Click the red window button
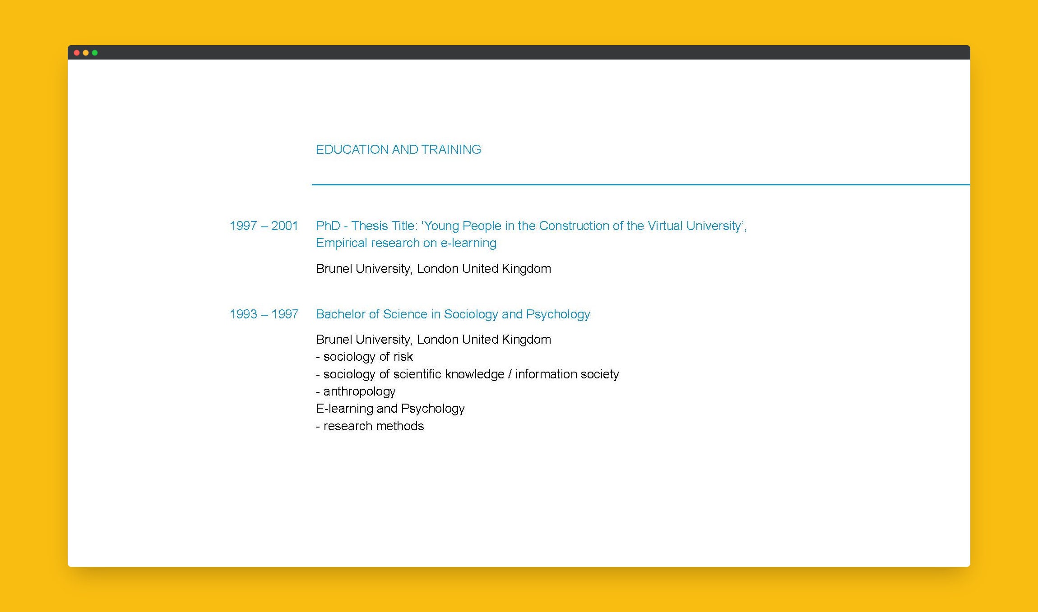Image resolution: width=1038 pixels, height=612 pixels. [77, 53]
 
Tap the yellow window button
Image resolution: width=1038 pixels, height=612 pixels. [86, 53]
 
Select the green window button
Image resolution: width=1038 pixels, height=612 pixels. [95, 53]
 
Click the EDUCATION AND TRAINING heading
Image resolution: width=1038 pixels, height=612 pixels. [398, 149]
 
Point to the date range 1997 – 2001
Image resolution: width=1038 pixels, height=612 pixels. [264, 225]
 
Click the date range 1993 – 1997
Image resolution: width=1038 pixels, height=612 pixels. [264, 314]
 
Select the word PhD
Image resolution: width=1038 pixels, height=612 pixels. [328, 225]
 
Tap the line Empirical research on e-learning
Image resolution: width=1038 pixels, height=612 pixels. [406, 243]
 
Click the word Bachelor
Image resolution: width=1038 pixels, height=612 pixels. [340, 314]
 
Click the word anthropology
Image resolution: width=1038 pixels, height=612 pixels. [359, 391]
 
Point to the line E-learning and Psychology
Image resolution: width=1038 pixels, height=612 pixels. [390, 409]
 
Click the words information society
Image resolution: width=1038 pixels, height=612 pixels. [567, 374]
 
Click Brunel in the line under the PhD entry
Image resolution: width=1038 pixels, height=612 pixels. [334, 269]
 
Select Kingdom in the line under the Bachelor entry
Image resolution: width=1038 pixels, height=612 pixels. [526, 339]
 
